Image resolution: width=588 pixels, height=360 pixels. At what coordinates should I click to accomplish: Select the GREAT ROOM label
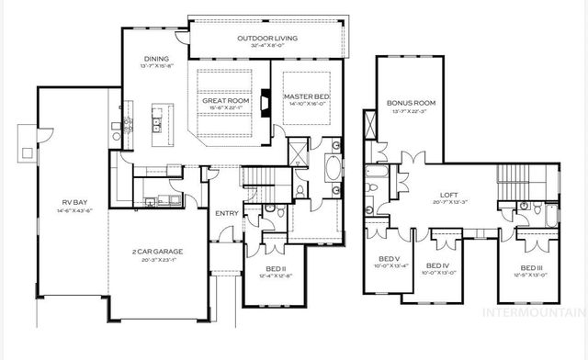(222, 102)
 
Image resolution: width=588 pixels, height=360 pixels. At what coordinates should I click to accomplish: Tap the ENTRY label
(226, 214)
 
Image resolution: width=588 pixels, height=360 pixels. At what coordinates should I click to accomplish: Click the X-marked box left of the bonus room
(370, 123)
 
